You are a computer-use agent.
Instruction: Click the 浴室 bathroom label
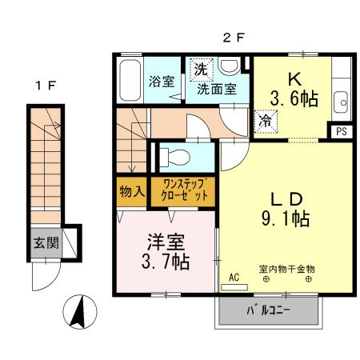162,81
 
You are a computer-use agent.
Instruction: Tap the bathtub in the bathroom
130,81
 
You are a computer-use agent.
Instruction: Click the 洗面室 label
216,90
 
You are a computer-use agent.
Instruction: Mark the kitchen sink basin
341,102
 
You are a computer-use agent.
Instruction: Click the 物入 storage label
131,191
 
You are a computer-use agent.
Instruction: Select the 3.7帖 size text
166,261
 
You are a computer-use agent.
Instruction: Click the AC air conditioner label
234,276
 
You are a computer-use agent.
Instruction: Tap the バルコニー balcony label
268,311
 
